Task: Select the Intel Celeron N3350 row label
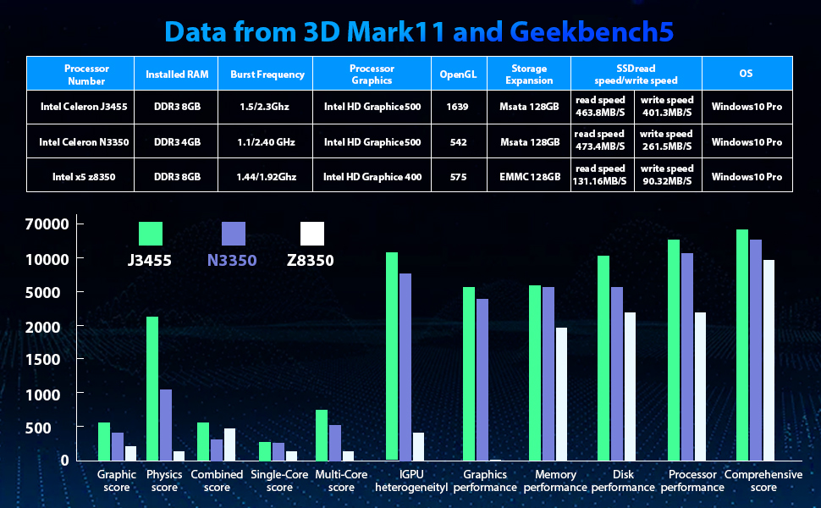click(84, 142)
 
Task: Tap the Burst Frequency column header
click(267, 75)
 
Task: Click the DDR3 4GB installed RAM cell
click(177, 142)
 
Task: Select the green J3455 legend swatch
click(151, 234)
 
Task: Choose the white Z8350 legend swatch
click(311, 234)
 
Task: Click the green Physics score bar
click(152, 388)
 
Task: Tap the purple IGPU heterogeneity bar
click(405, 367)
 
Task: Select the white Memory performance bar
click(561, 394)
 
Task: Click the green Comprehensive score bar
click(741, 345)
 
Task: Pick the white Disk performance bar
click(630, 386)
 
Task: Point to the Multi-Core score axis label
click(341, 481)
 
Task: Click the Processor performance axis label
click(692, 481)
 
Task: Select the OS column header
click(746, 75)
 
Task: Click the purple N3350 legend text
click(231, 261)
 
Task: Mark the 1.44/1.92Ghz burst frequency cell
click(267, 177)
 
